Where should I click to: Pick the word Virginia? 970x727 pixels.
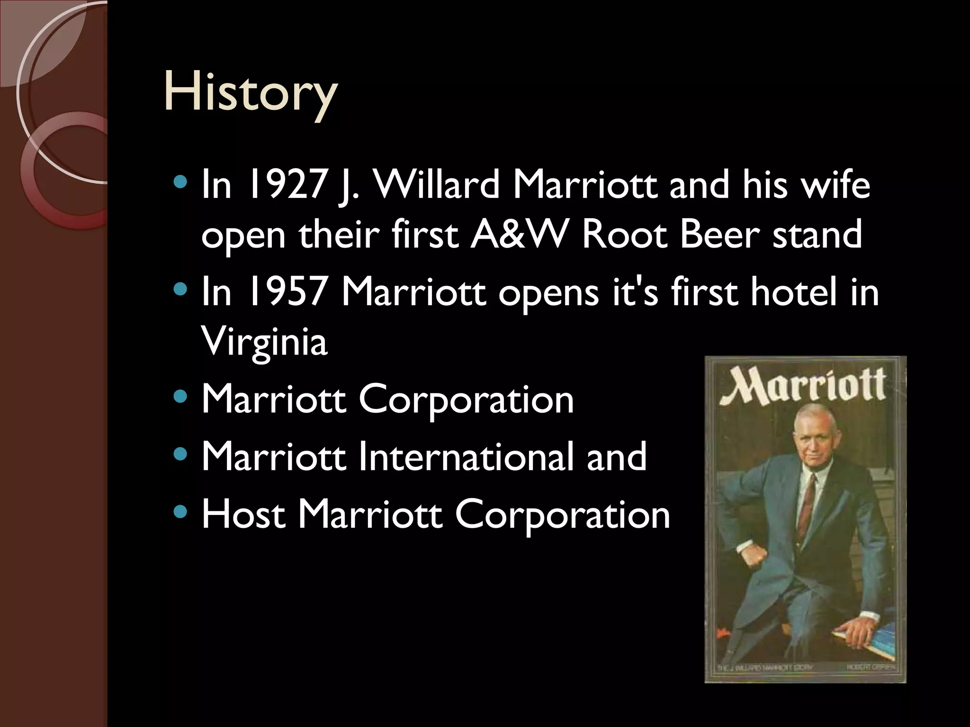[264, 342]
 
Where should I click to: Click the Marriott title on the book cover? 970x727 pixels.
[803, 387]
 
